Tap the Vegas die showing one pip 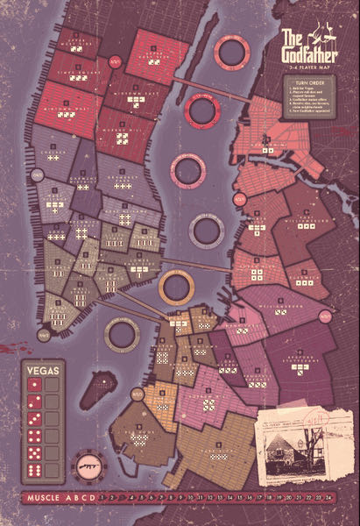(x=36, y=385)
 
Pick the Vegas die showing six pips (x=36, y=470)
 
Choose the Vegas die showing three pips (x=36, y=419)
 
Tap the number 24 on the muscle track (x=328, y=501)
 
